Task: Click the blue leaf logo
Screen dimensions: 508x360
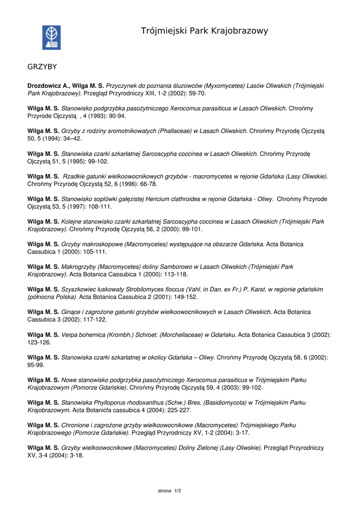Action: (51, 38)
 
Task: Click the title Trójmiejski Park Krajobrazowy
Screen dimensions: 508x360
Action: (204, 31)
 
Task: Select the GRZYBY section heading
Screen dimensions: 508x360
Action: (42, 66)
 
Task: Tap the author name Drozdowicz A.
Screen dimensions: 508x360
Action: (49, 86)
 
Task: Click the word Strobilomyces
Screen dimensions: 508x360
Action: (147, 289)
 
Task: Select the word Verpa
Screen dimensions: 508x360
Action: (70, 335)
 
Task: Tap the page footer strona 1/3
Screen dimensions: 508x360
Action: (169, 491)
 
